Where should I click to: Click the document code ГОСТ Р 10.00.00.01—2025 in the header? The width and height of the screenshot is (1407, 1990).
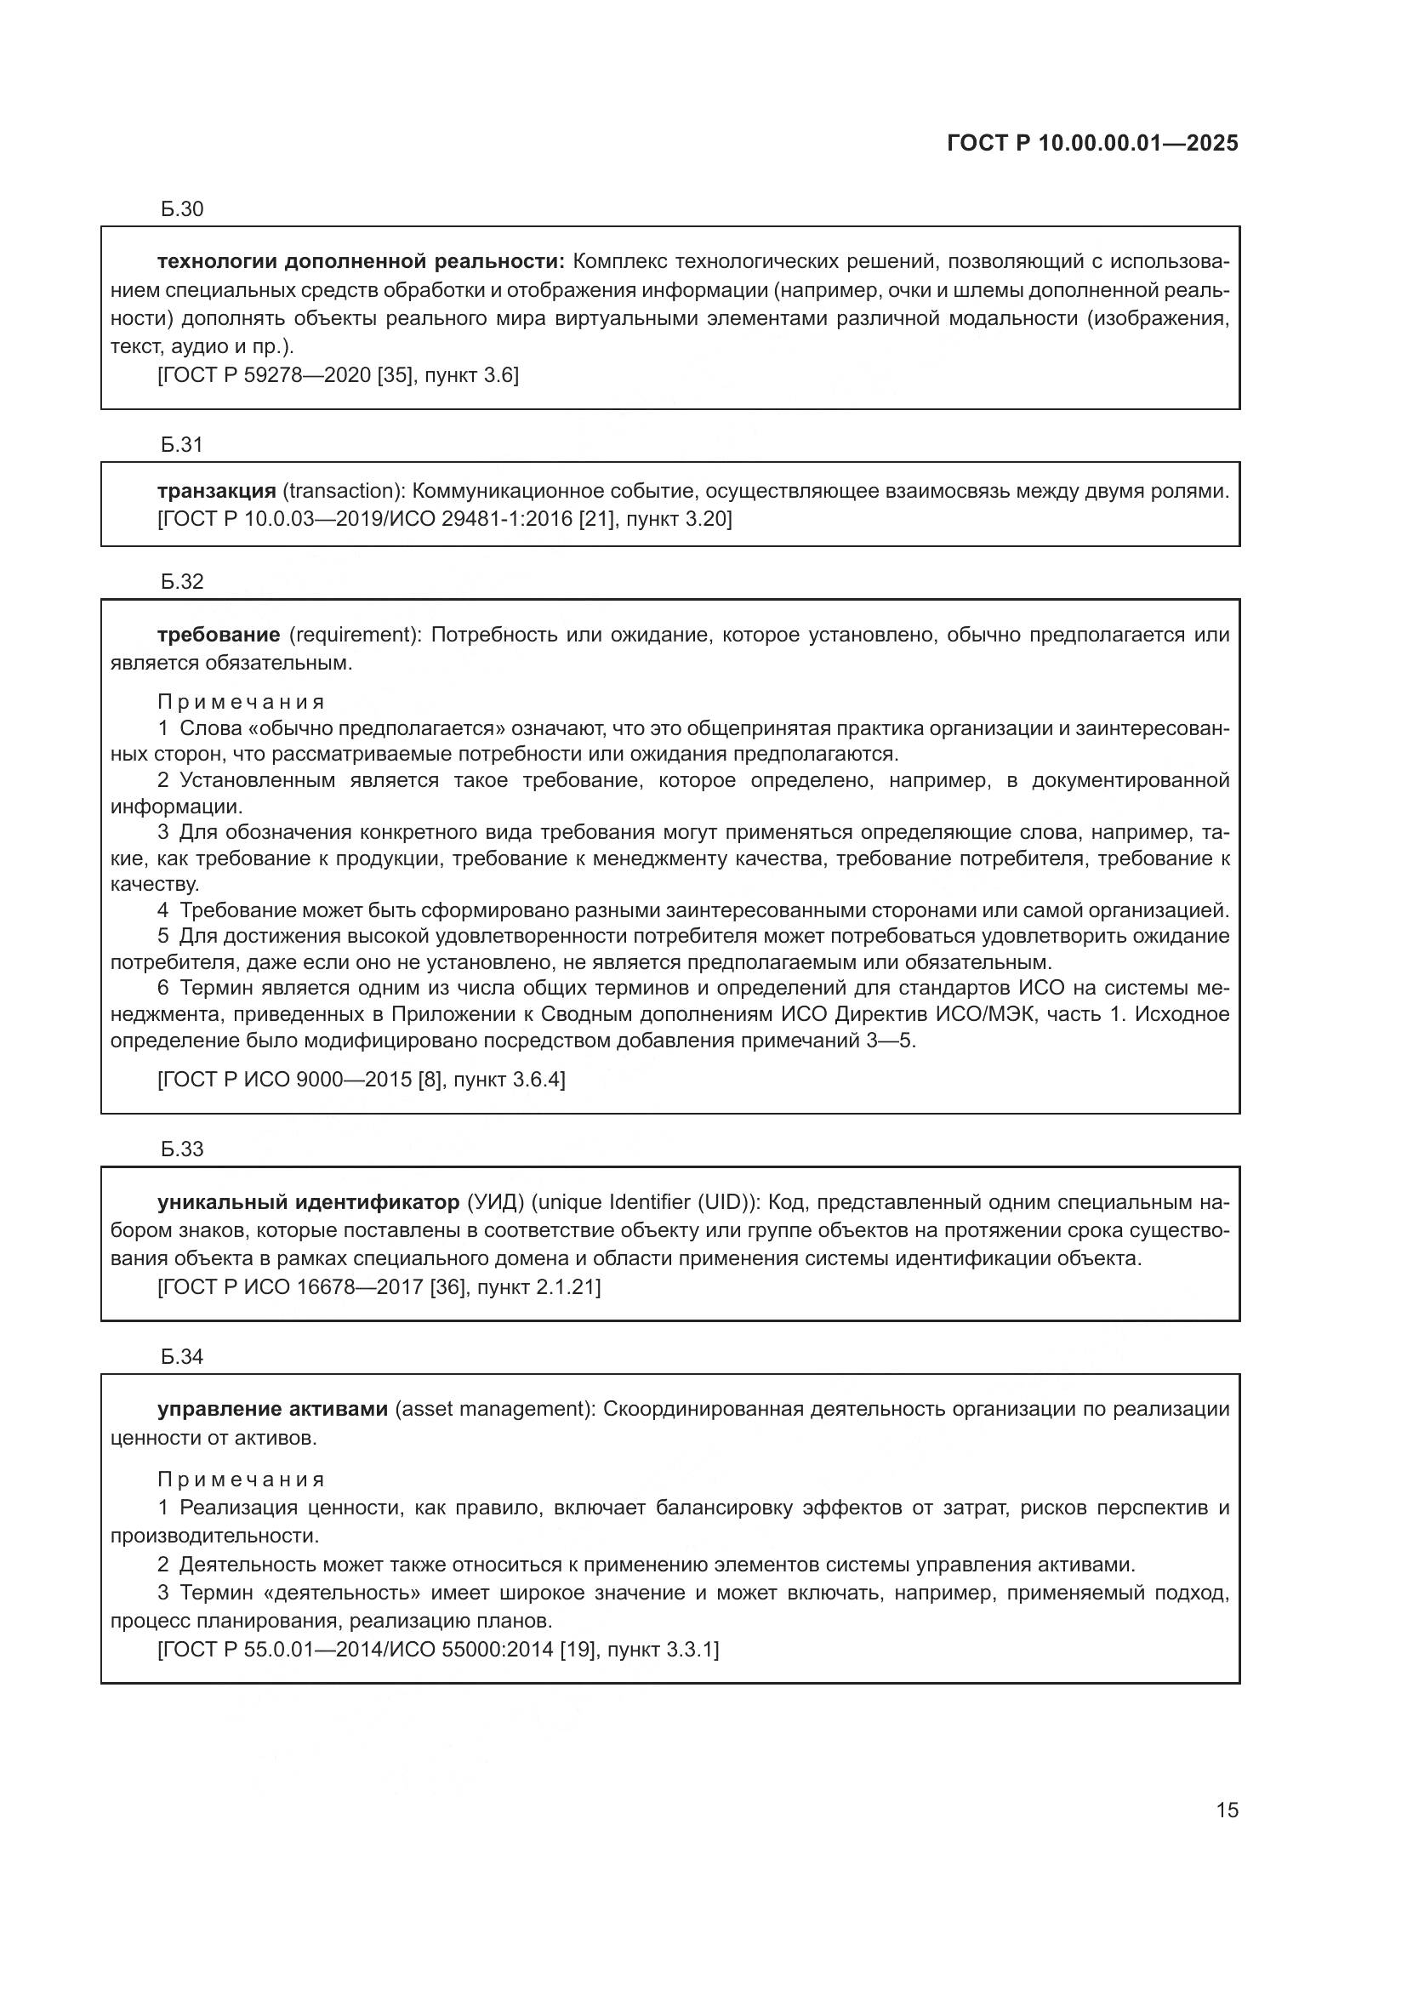(1091, 143)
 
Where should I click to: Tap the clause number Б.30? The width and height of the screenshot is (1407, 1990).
(182, 209)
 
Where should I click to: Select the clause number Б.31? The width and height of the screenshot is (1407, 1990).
(182, 445)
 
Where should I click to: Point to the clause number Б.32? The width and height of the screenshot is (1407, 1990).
(182, 582)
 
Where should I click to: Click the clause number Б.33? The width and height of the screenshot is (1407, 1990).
(182, 1149)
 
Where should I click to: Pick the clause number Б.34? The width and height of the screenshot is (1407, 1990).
(182, 1357)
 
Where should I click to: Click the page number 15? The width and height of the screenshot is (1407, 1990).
(1227, 1810)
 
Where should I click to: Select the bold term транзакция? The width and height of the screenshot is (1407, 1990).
(217, 492)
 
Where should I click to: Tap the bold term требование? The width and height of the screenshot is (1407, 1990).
(219, 636)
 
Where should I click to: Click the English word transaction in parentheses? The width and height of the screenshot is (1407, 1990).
(342, 492)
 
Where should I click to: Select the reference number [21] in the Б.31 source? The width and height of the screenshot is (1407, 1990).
(596, 520)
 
